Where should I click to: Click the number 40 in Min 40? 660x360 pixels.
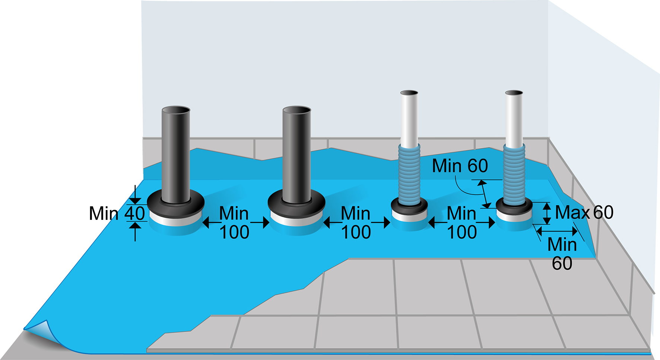134,214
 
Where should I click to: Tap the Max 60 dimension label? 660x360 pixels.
584,212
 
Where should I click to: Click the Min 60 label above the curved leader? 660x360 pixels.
460,166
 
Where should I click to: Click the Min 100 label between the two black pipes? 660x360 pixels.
234,223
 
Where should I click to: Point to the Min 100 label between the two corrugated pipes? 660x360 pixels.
461,223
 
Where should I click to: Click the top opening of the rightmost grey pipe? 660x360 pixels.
514,93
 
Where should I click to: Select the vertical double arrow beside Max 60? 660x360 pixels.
546,213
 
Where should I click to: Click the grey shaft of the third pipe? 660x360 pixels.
409,119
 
